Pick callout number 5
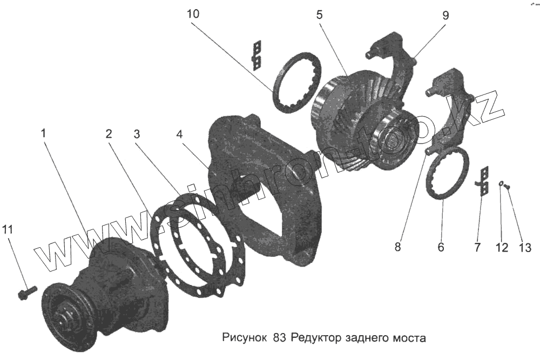[x=319, y=15]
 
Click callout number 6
[x=441, y=248]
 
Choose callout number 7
[x=477, y=248]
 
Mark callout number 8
[x=397, y=248]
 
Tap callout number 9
[x=446, y=15]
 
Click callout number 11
[x=8, y=229]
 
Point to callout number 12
[x=502, y=248]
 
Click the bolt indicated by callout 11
[x=25, y=293]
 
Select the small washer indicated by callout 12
[x=502, y=184]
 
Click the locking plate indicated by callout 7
[x=484, y=180]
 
